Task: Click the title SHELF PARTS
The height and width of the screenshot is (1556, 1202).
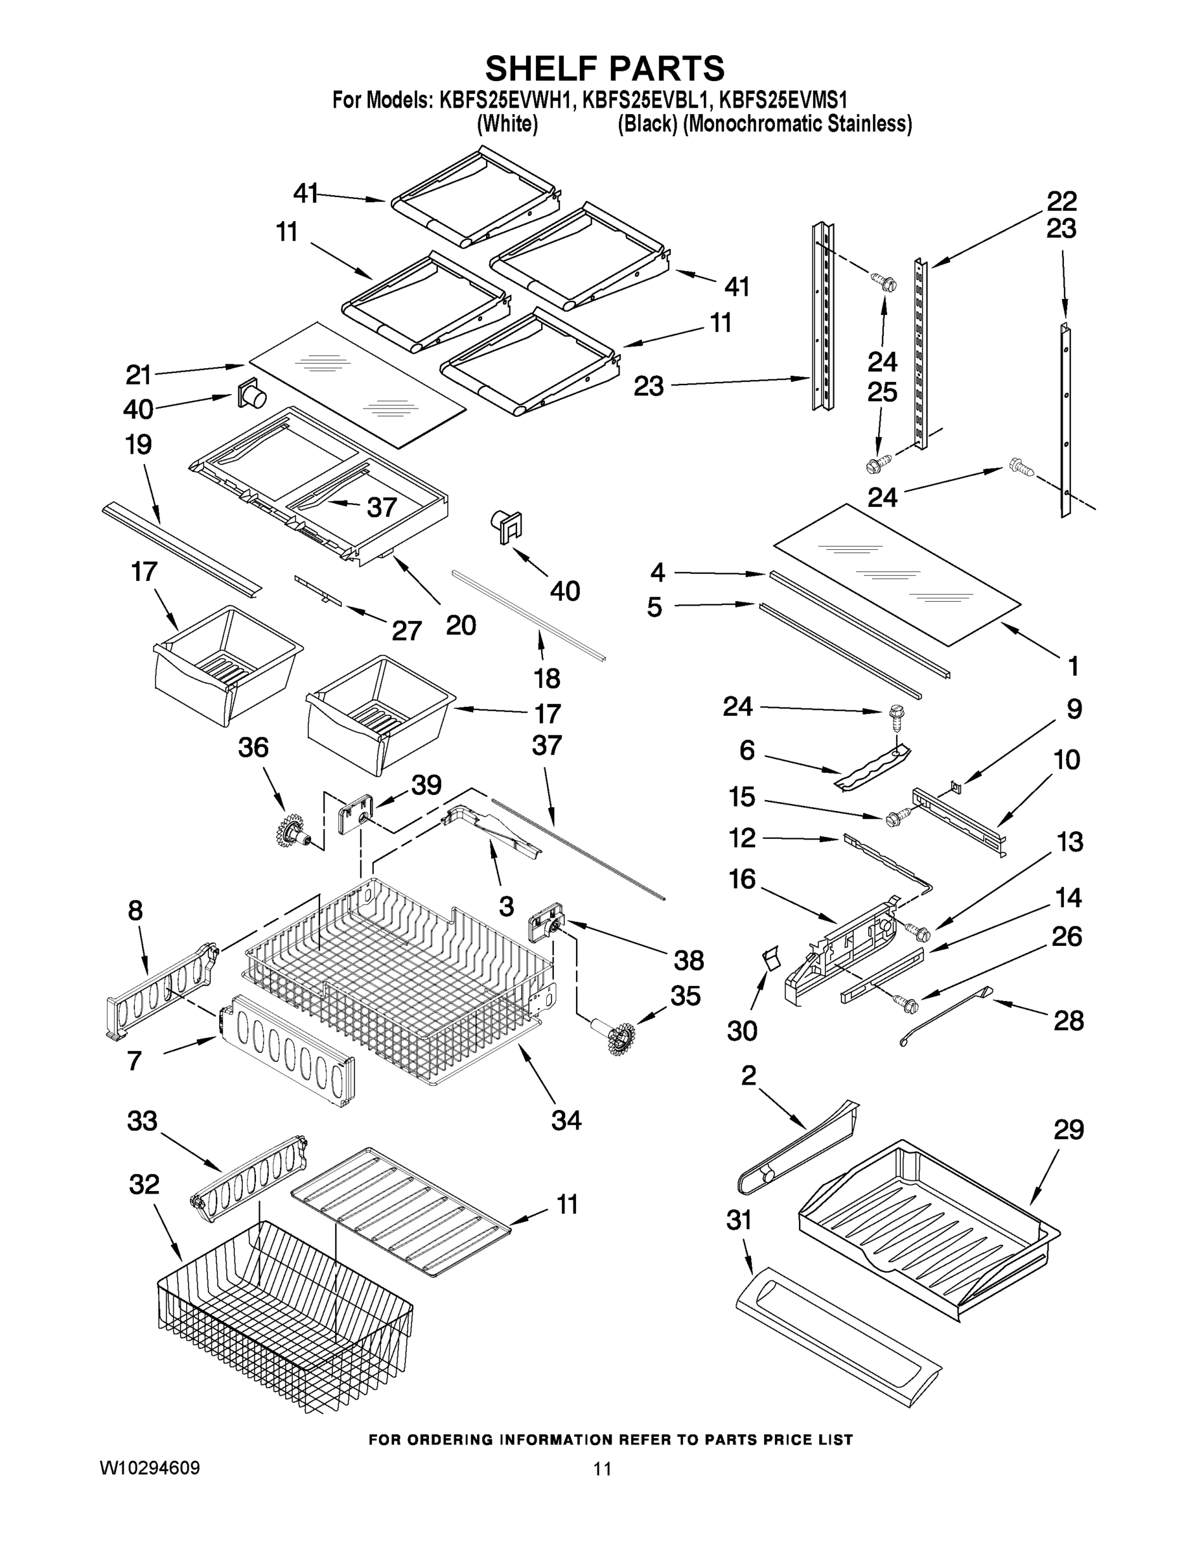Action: pyautogui.click(x=605, y=69)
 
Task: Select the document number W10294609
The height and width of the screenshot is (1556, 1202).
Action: pyautogui.click(x=150, y=1468)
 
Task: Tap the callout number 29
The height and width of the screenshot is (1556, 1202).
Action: pyautogui.click(x=1068, y=1131)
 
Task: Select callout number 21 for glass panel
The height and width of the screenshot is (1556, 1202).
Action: pyautogui.click(x=139, y=375)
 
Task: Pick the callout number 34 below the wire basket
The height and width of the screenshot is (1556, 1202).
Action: pyautogui.click(x=566, y=1121)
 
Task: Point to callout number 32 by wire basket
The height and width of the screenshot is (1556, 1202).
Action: pyautogui.click(x=144, y=1185)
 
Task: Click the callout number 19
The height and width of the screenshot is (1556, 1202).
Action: pyautogui.click(x=138, y=445)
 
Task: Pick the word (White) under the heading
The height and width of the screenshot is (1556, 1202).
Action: pyautogui.click(x=507, y=124)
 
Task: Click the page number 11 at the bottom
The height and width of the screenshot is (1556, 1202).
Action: pyautogui.click(x=602, y=1468)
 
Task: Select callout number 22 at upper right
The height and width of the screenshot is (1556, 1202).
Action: pyautogui.click(x=1061, y=201)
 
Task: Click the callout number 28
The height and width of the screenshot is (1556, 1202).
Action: pyautogui.click(x=1068, y=1021)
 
